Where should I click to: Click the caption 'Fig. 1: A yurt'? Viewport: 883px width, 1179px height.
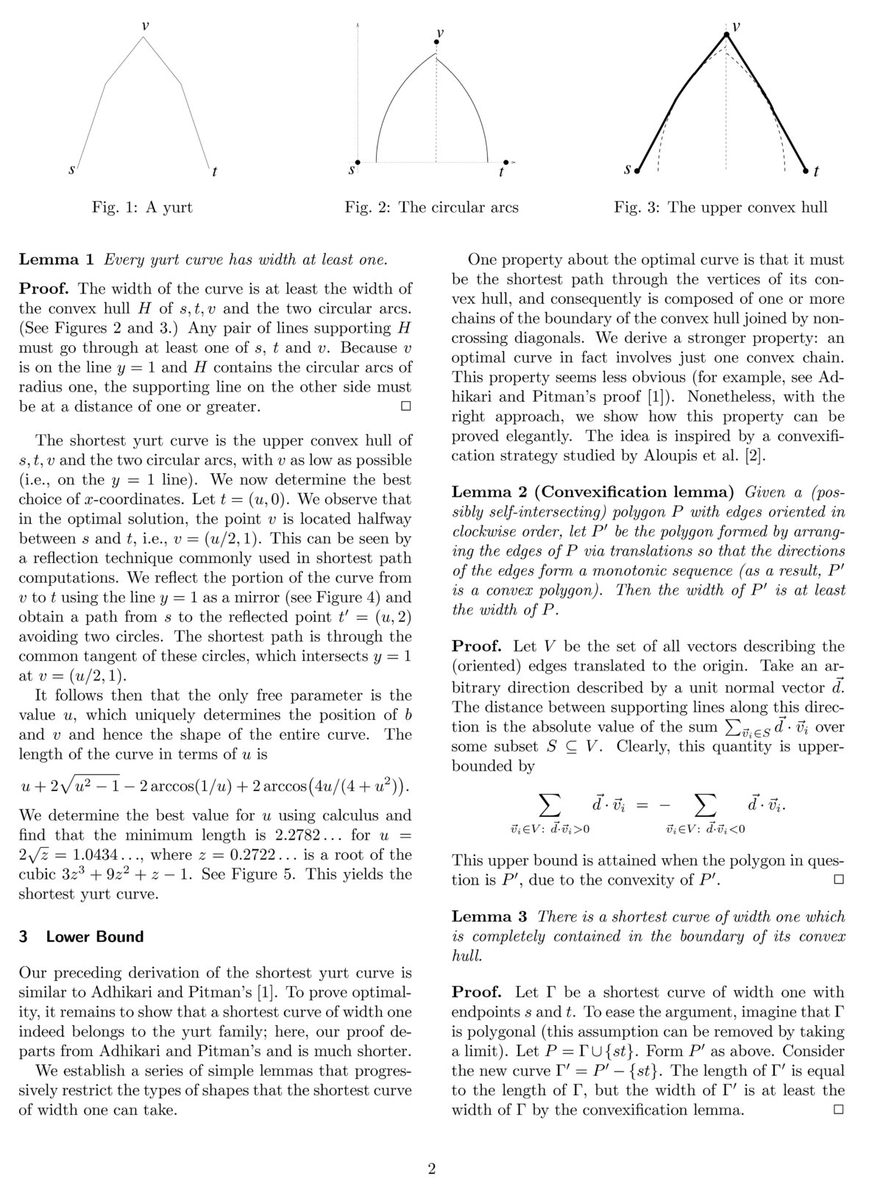click(142, 208)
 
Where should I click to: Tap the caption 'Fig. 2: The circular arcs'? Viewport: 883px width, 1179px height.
click(431, 208)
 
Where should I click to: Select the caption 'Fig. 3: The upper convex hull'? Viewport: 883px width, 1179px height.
click(720, 208)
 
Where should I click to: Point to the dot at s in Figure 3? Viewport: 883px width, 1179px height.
click(637, 171)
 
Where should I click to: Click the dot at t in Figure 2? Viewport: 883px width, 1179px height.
click(506, 162)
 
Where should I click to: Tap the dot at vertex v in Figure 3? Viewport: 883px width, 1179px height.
click(726, 35)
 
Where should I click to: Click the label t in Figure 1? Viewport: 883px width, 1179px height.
click(213, 172)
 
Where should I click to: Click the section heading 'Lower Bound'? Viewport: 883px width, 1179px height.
click(94, 937)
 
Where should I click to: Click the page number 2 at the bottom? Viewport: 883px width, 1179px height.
click(432, 1149)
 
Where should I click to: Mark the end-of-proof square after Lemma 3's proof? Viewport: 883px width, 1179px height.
click(837, 1109)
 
